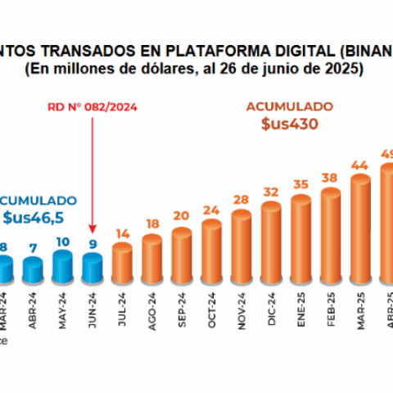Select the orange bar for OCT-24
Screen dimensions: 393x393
(x=211, y=251)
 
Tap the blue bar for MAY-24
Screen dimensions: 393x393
(x=63, y=266)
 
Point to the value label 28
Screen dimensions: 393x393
(x=241, y=201)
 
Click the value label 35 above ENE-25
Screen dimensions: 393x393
(x=300, y=184)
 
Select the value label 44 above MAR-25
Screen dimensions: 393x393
(x=359, y=165)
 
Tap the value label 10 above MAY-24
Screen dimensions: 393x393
(x=63, y=242)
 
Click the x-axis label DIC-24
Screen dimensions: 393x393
(x=272, y=309)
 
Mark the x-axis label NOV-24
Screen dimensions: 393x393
(x=242, y=309)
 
